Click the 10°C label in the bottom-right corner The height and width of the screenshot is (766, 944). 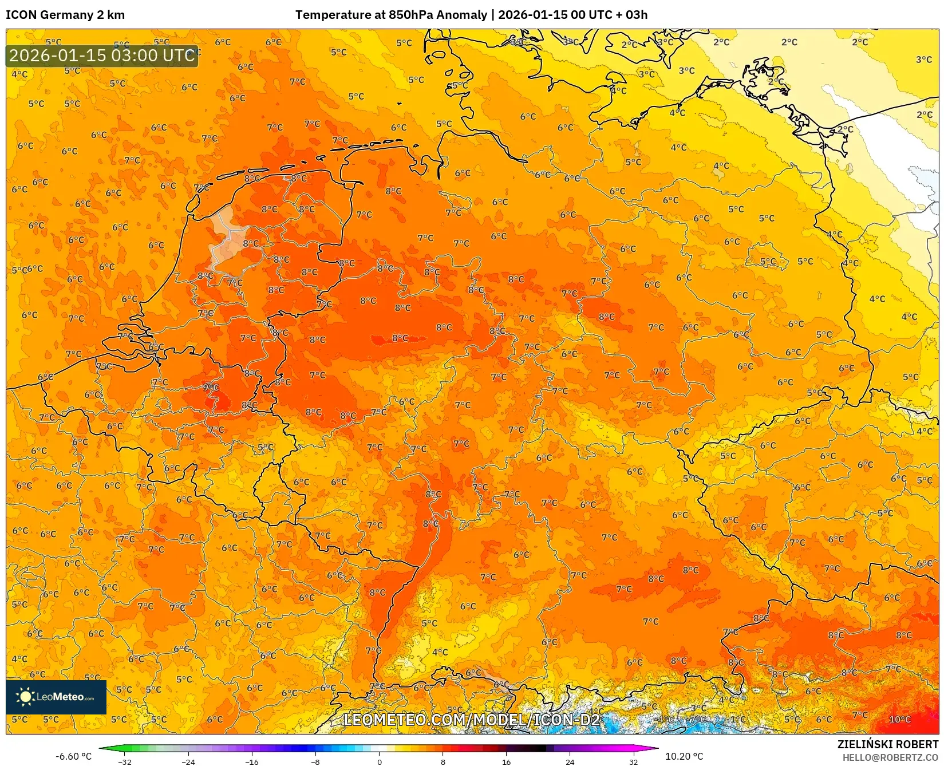[x=899, y=719]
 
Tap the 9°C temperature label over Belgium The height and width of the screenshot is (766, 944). [x=210, y=388]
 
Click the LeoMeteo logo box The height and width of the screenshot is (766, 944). [x=56, y=697]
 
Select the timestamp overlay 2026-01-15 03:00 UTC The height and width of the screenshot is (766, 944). [x=102, y=56]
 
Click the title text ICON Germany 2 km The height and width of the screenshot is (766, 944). [x=65, y=15]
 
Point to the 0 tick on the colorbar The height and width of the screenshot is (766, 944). [x=379, y=761]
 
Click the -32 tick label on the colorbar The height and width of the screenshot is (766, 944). [x=124, y=761]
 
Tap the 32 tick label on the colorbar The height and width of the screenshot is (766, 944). [x=633, y=761]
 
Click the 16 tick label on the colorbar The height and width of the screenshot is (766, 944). [x=506, y=761]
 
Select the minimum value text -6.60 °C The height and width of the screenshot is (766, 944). [x=73, y=756]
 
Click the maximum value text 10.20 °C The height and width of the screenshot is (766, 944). [x=684, y=756]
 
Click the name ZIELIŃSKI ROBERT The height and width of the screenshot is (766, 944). [x=888, y=744]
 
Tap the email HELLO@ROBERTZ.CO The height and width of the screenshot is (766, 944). [x=890, y=757]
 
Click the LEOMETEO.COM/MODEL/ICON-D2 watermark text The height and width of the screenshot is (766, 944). [x=472, y=720]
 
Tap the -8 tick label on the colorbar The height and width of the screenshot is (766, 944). [x=315, y=761]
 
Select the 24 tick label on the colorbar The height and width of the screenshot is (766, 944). [x=570, y=761]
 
